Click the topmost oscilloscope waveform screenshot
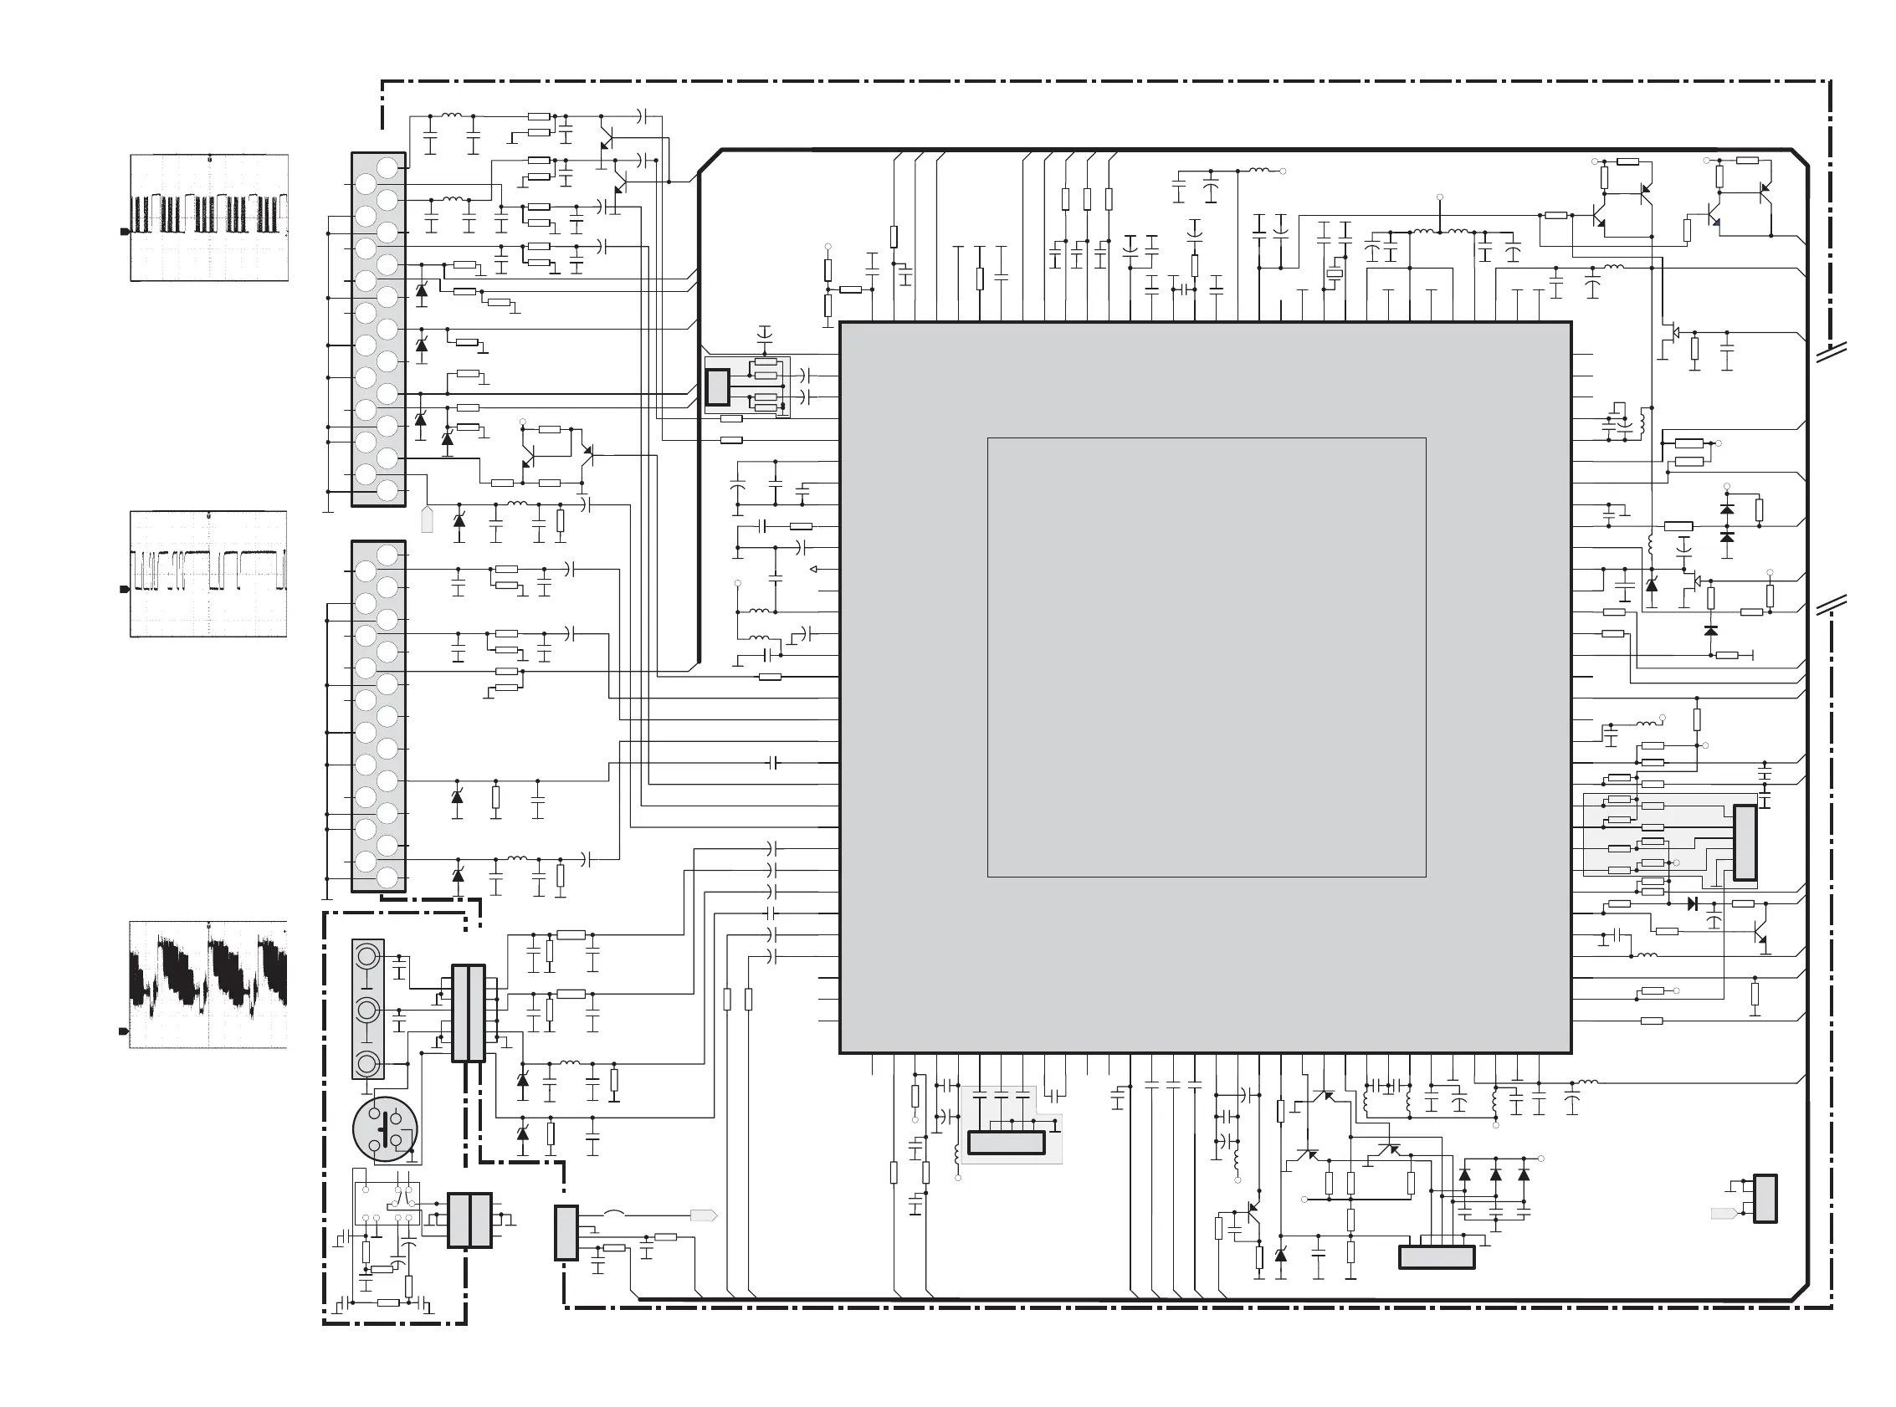point(208,217)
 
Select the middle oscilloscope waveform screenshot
point(208,574)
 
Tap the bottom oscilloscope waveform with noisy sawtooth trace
point(208,985)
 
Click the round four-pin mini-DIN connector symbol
point(385,1129)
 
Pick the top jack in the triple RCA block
point(368,957)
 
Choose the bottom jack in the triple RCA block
point(368,1063)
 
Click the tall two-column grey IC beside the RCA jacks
point(468,1014)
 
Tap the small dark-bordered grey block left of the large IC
point(718,387)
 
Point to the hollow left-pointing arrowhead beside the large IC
point(813,570)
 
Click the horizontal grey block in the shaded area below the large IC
point(1006,1142)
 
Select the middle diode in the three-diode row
point(1495,1174)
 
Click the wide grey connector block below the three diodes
point(1437,1257)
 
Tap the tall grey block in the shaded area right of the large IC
point(1745,842)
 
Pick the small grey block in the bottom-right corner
point(1765,1200)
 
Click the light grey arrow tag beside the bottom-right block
point(1723,1213)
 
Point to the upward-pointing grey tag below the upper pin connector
point(428,519)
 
